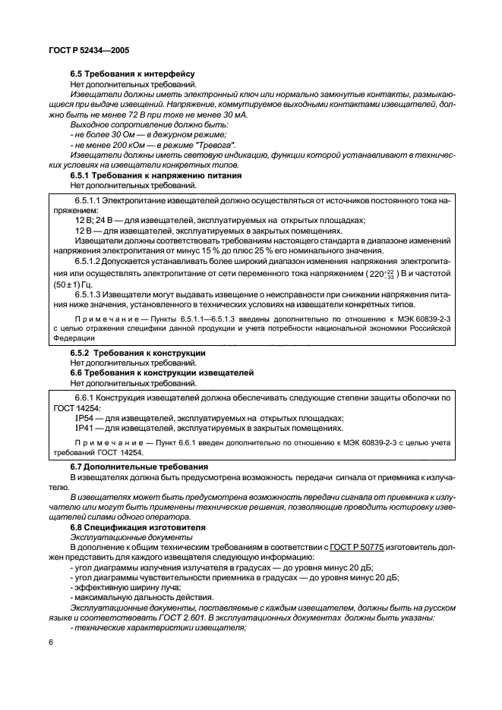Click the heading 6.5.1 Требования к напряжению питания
pyautogui.click(x=156, y=174)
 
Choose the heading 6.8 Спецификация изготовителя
pyautogui.click(x=134, y=526)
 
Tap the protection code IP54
pyautogui.click(x=84, y=417)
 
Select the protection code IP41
pyautogui.click(x=84, y=428)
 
